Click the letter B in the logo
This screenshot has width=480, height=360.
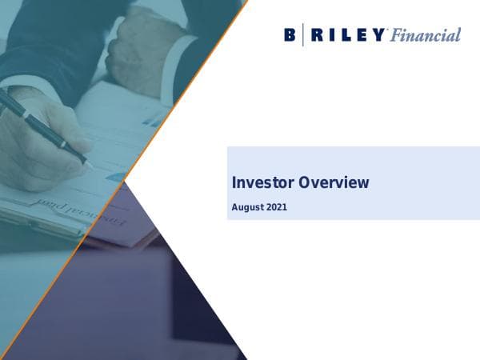289,35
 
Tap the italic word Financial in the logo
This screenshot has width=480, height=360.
426,35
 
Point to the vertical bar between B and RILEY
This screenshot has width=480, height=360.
302,35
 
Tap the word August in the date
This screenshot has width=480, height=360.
247,208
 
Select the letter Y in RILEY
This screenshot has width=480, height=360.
379,35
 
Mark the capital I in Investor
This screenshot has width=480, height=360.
234,182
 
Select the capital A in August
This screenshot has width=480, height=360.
235,207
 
